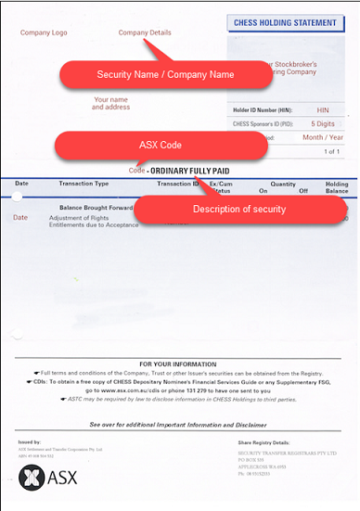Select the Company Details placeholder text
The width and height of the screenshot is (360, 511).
coord(147,32)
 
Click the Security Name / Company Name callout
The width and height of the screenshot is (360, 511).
coord(164,74)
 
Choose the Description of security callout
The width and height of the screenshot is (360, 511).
coord(238,209)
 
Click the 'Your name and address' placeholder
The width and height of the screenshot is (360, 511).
coord(111,103)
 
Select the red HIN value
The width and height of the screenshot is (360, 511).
coord(322,109)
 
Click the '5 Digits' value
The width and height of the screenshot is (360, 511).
coord(323,123)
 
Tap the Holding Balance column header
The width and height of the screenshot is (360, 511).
coord(336,187)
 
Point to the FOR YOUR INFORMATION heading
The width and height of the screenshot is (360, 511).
coord(180,363)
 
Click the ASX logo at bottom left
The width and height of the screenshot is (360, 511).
coord(42,479)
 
